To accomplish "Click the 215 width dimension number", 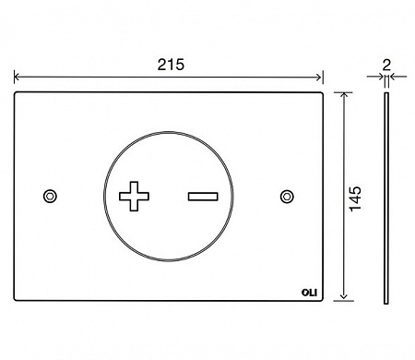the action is [171, 65].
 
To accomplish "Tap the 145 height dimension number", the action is [355, 198].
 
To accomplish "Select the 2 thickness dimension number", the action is [386, 66].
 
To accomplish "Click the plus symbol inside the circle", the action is [134, 197].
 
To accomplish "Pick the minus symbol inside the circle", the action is [203, 197].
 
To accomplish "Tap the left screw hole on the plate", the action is [50, 197].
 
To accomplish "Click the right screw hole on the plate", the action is [287, 197].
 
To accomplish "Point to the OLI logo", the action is [309, 293].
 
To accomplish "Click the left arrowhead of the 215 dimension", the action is [17, 77].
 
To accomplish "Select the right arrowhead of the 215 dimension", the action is [320, 77].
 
